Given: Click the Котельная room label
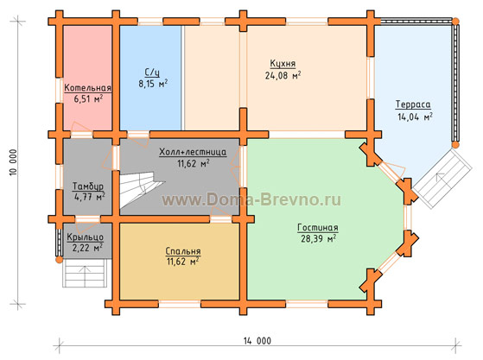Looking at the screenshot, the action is (x=87, y=88).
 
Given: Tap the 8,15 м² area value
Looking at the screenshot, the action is (x=153, y=84).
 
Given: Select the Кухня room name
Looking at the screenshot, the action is (x=283, y=64).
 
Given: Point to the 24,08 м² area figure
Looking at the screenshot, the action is (x=283, y=75).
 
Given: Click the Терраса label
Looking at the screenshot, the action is (x=413, y=104).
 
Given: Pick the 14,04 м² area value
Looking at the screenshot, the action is (x=415, y=117).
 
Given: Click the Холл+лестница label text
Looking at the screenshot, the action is (x=193, y=152).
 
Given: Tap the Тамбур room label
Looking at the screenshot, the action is (x=88, y=186).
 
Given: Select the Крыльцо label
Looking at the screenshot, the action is (x=85, y=237).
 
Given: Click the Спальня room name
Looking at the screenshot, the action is (x=183, y=251).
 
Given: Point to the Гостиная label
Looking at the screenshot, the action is (x=318, y=228).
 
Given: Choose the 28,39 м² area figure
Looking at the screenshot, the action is (x=318, y=238).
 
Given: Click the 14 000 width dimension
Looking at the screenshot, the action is (x=257, y=341).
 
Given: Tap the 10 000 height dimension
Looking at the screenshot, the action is (x=14, y=163).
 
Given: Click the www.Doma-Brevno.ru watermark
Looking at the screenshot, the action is (x=251, y=199).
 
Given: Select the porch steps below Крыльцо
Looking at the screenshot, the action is (x=85, y=273).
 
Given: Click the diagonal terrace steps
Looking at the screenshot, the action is (x=442, y=179).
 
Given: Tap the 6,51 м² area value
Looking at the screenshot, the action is (x=88, y=98).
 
